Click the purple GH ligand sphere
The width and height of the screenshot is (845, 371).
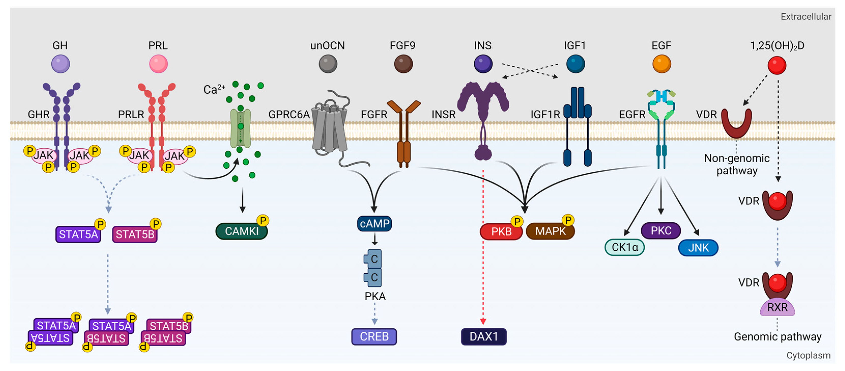click(x=60, y=64)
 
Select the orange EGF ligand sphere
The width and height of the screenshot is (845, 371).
click(x=661, y=64)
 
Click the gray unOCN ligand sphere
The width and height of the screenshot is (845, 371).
click(x=328, y=64)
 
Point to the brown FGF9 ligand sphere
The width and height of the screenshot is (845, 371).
click(x=403, y=64)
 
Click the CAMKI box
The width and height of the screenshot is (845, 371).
click(x=241, y=231)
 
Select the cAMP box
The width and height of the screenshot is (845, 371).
click(x=374, y=224)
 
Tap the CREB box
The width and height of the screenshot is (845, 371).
click(x=374, y=337)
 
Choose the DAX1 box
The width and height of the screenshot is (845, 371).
click(x=483, y=337)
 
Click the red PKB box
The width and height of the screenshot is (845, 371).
click(x=501, y=232)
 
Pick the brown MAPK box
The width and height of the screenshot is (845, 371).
click(x=550, y=231)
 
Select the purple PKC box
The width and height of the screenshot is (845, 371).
click(x=661, y=231)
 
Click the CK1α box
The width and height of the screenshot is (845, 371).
click(x=624, y=247)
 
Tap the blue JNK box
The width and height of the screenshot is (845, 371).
click(x=698, y=248)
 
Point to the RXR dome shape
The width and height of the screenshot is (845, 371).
click(x=777, y=308)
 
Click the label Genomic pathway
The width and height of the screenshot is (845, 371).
click(x=777, y=337)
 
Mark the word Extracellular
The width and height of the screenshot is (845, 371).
click(x=806, y=17)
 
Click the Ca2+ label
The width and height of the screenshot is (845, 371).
click(x=214, y=89)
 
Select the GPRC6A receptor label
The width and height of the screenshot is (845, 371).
click(x=289, y=115)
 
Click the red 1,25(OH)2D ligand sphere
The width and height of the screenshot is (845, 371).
click(x=777, y=65)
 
